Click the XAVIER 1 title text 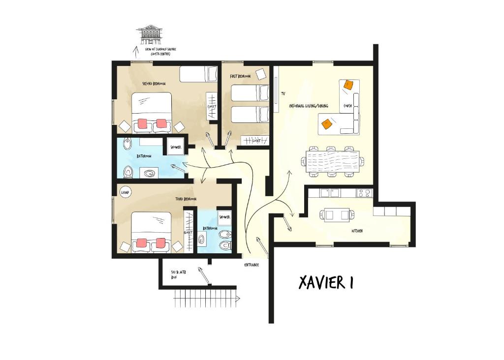point(325,282)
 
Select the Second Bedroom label point(154,84)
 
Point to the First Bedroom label point(240,76)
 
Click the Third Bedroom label point(186,199)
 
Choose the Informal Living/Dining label point(309,106)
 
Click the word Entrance point(252,265)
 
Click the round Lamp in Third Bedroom point(125,193)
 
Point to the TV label point(283,93)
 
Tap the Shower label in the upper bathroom point(176,147)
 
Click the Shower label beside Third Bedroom point(225,216)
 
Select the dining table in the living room point(332,160)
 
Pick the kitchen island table point(337,214)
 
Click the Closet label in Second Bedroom point(212,106)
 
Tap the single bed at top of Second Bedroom point(198,74)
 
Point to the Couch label point(347,106)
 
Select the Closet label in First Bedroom point(256,141)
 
